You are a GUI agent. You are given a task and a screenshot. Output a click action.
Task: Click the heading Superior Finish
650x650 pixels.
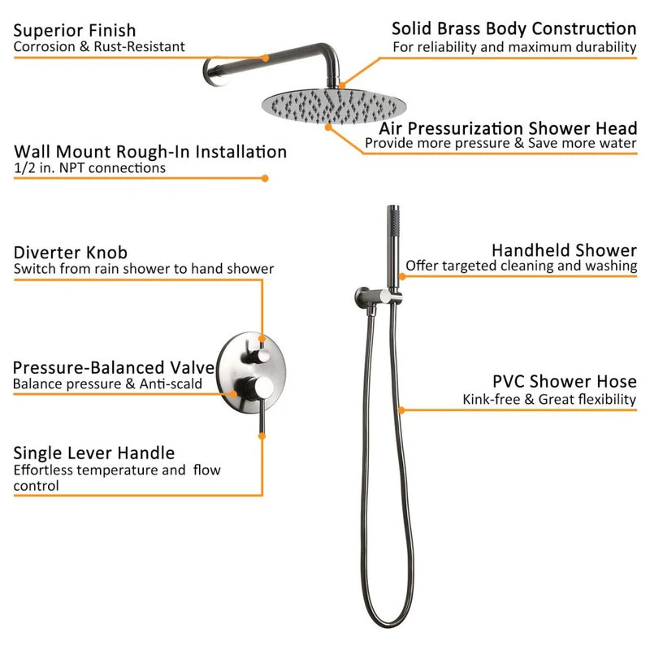click(x=75, y=31)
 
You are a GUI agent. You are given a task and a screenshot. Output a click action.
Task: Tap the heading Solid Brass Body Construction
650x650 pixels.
click(x=514, y=29)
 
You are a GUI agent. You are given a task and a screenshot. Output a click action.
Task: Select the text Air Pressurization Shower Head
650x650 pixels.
click(x=508, y=128)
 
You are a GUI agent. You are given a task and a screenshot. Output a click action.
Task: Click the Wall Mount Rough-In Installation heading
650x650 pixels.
click(x=150, y=152)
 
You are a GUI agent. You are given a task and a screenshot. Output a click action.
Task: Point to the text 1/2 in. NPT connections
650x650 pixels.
click(x=89, y=168)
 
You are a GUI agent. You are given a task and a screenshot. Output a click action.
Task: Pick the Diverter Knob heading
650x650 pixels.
click(x=71, y=253)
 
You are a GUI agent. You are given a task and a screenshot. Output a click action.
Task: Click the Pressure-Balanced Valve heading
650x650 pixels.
click(x=114, y=368)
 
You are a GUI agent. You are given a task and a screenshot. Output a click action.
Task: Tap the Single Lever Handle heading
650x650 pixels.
click(x=94, y=453)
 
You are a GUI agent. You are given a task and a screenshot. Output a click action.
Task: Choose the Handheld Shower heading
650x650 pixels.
click(x=564, y=250)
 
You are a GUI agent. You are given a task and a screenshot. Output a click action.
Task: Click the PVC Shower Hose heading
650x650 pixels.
click(x=565, y=381)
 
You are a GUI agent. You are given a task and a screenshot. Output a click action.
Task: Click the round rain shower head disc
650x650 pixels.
click(x=334, y=106)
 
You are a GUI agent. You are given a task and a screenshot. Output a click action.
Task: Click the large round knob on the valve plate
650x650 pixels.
click(x=256, y=388)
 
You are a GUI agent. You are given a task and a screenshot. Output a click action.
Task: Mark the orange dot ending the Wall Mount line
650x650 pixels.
click(x=265, y=178)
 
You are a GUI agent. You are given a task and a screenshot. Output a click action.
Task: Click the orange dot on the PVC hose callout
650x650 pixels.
click(x=401, y=410)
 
